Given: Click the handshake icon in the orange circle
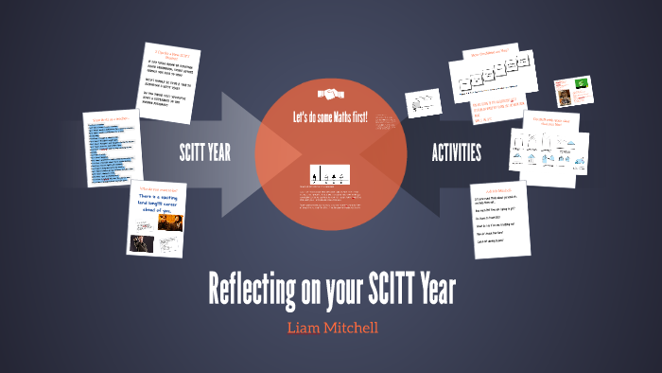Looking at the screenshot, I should click(x=330, y=95).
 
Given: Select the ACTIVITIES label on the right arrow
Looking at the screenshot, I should click(x=456, y=152).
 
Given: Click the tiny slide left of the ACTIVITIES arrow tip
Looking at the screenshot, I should click(x=419, y=103).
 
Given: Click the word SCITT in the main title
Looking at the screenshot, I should click(x=376, y=287).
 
